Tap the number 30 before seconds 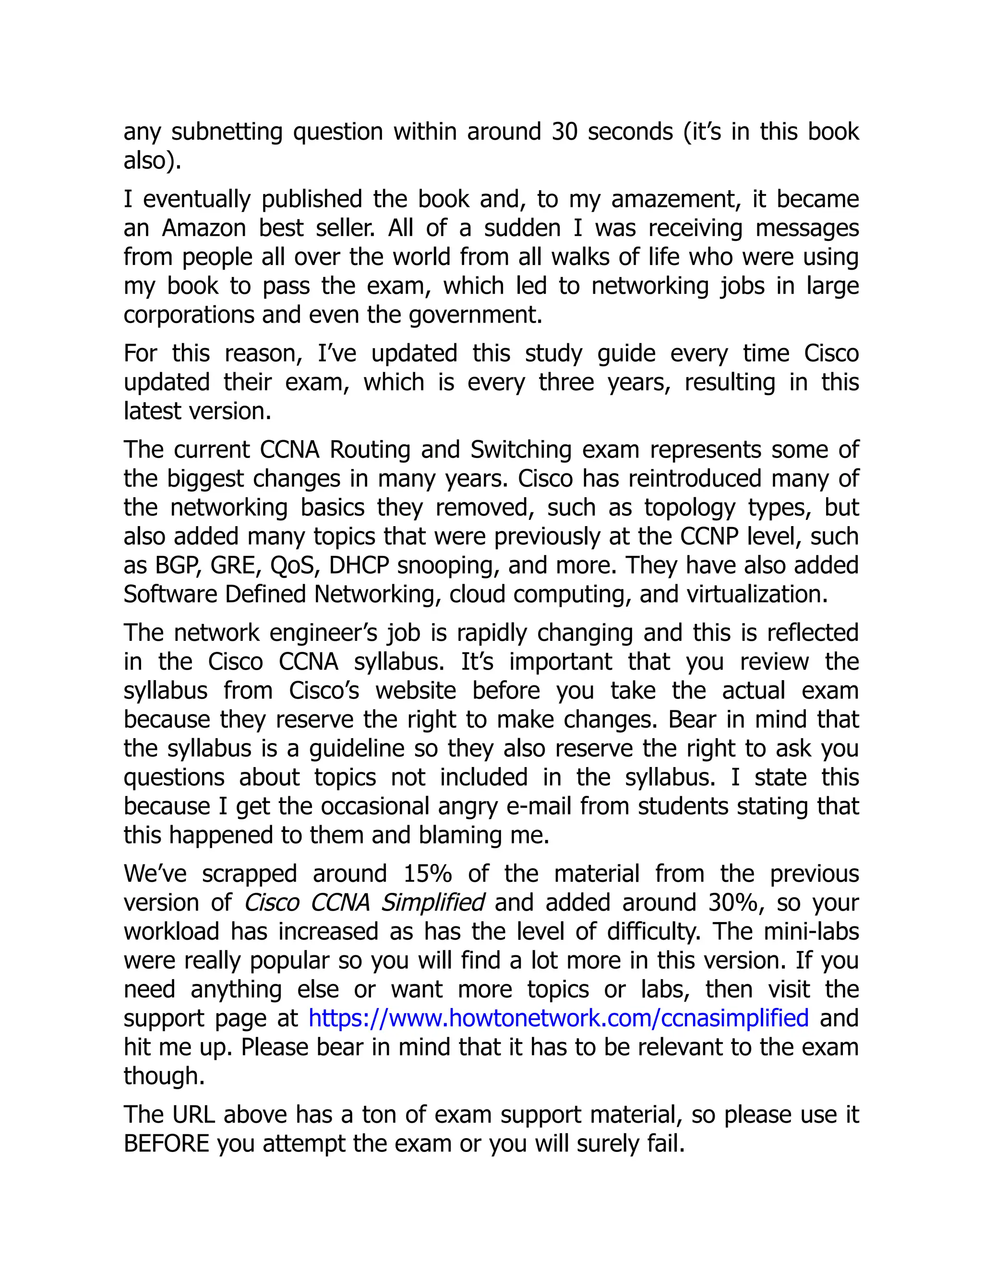coord(564,132)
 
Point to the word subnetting coord(227,132)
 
